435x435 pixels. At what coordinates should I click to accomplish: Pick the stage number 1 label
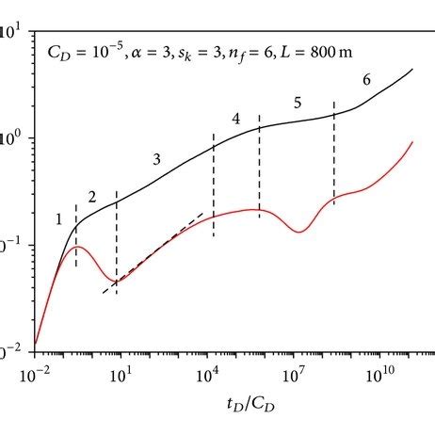tap(59, 219)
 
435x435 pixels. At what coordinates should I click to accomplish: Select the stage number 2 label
tap(92, 198)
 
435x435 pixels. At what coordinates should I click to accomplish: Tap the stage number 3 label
tap(157, 160)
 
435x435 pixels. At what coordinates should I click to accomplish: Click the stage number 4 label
tap(235, 119)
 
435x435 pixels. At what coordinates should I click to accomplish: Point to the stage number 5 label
tap(298, 102)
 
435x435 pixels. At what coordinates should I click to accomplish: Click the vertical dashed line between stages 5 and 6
tap(334, 155)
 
